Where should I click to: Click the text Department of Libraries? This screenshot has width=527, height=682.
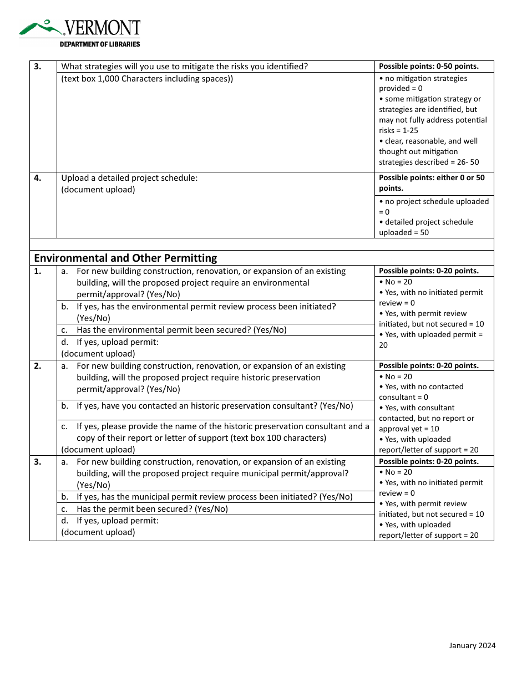point(100,44)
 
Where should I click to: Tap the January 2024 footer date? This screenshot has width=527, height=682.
point(472,645)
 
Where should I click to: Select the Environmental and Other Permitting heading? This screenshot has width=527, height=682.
point(125,258)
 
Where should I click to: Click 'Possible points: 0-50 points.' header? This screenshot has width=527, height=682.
point(428,66)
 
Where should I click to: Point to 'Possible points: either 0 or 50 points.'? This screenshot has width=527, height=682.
point(432,183)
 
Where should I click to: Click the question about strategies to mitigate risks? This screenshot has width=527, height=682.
point(184,67)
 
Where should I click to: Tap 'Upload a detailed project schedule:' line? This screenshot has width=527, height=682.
point(129,178)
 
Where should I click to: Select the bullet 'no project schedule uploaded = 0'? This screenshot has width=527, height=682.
point(434,206)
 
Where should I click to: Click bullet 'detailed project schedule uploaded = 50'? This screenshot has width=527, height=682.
point(426,227)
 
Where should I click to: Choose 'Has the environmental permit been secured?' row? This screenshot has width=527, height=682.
point(181,330)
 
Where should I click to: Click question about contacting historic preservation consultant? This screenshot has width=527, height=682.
point(214,406)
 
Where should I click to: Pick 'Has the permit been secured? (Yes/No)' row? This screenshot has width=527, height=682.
point(152,509)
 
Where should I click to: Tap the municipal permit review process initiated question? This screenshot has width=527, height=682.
point(214,497)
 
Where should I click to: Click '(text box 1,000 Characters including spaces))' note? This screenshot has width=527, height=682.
point(147,79)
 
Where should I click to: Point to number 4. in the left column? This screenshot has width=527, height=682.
point(37,178)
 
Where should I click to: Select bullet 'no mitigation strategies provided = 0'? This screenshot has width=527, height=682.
point(423,83)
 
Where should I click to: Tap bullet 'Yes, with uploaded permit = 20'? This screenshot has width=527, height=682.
point(431,339)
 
